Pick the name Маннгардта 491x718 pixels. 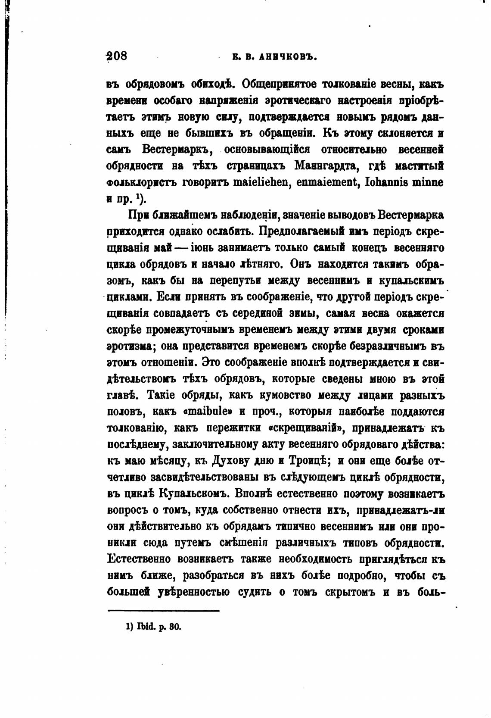330,166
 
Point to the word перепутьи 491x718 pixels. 235,281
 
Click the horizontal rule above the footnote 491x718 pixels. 163,610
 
